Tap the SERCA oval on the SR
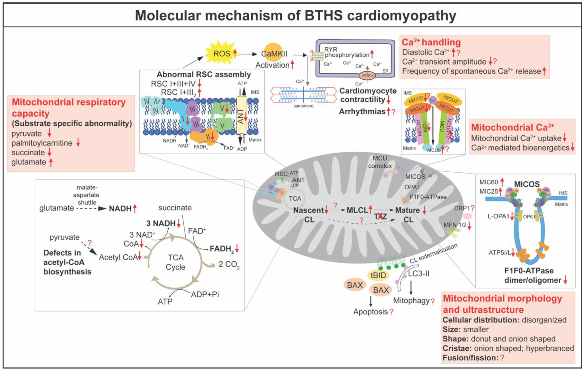pos(368,75)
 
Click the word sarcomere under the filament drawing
pos(303,106)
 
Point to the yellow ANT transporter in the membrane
pos(241,117)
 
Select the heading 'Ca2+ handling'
pos(431,42)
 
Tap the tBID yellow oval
pos(378,275)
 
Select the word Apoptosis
pos(370,312)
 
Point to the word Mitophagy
pos(411,300)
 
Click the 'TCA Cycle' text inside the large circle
pos(175,262)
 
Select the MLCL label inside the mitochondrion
pos(357,210)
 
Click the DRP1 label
pos(462,208)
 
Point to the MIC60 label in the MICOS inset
pos(488,182)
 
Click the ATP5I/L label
pos(499,253)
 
